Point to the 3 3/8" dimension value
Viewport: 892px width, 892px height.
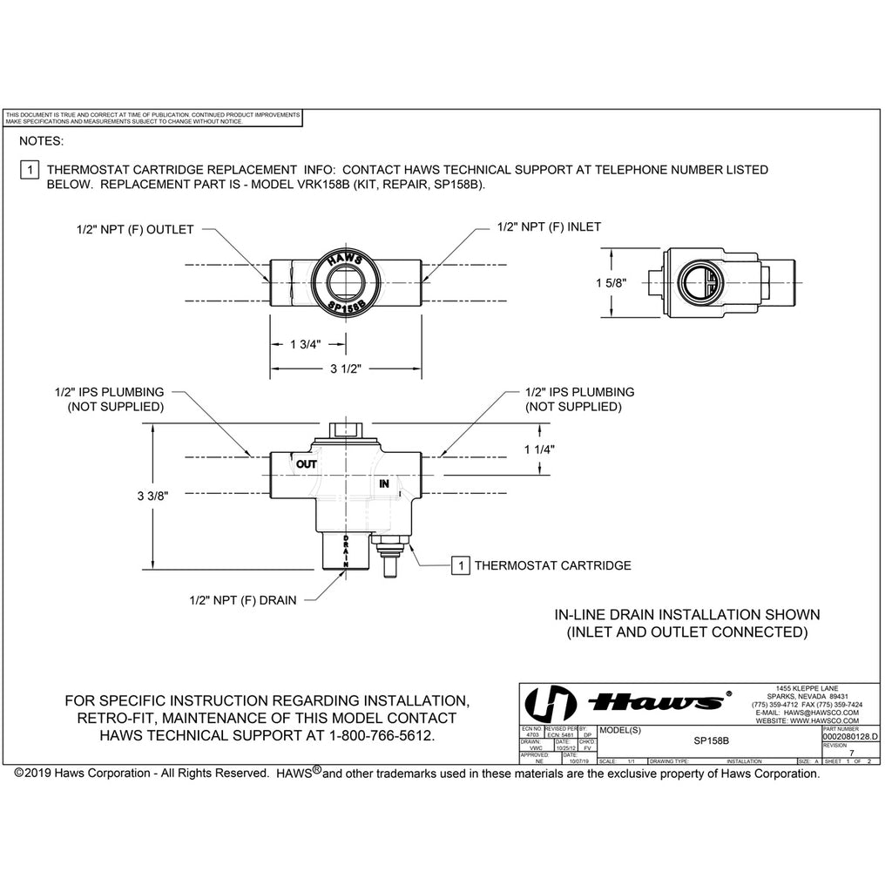pos(152,495)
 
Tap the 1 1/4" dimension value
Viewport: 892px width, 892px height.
pos(540,449)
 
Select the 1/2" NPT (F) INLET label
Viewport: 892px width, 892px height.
pos(549,226)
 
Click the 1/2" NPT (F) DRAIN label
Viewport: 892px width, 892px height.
pos(242,599)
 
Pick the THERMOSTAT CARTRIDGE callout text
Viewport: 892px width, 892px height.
pos(552,565)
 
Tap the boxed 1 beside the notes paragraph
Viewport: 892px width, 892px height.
pos(28,170)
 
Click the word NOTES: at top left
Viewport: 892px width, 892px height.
pos(41,139)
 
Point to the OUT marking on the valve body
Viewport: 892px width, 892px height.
pos(306,464)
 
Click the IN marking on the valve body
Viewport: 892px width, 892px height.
pos(383,483)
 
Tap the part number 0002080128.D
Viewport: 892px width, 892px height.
pos(850,737)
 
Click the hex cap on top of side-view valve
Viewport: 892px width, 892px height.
pos(346,429)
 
